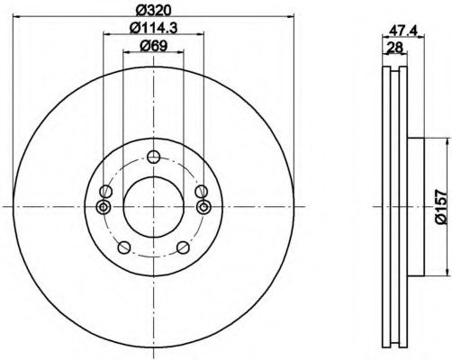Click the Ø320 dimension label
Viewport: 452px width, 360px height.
tap(153, 10)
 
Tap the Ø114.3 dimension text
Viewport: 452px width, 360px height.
tap(154, 28)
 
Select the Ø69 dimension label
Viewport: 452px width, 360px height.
tap(153, 46)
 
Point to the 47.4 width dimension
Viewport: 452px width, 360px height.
tap(403, 31)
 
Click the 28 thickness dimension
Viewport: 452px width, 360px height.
tap(394, 48)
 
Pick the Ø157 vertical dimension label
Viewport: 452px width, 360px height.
tap(441, 207)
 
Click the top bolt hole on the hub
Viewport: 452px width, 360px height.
tap(154, 157)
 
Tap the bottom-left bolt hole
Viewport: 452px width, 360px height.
tap(124, 247)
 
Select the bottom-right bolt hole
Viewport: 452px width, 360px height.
tap(183, 247)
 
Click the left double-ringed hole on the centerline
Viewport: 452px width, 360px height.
tap(104, 207)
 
